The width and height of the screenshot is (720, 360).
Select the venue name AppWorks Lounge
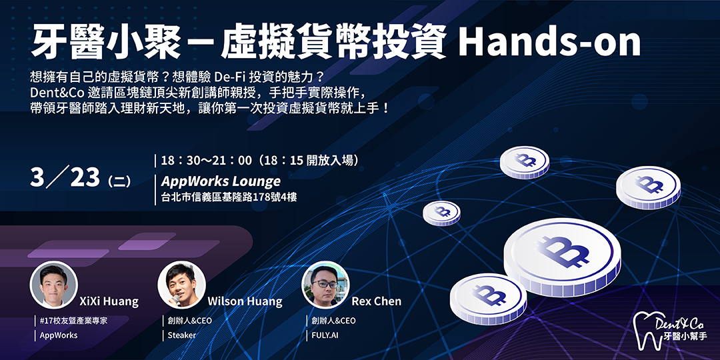[221, 181]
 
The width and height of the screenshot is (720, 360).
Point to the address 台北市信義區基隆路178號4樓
[229, 198]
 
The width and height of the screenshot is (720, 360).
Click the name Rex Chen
[376, 301]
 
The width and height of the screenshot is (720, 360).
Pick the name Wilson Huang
[245, 301]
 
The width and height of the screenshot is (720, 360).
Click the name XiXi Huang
[109, 301]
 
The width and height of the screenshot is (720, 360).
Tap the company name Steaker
[182, 335]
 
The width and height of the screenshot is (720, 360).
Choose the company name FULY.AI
[325, 335]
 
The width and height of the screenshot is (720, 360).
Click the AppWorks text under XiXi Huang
[59, 335]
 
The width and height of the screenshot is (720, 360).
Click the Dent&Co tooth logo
[670, 330]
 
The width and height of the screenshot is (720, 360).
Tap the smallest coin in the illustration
[441, 213]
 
